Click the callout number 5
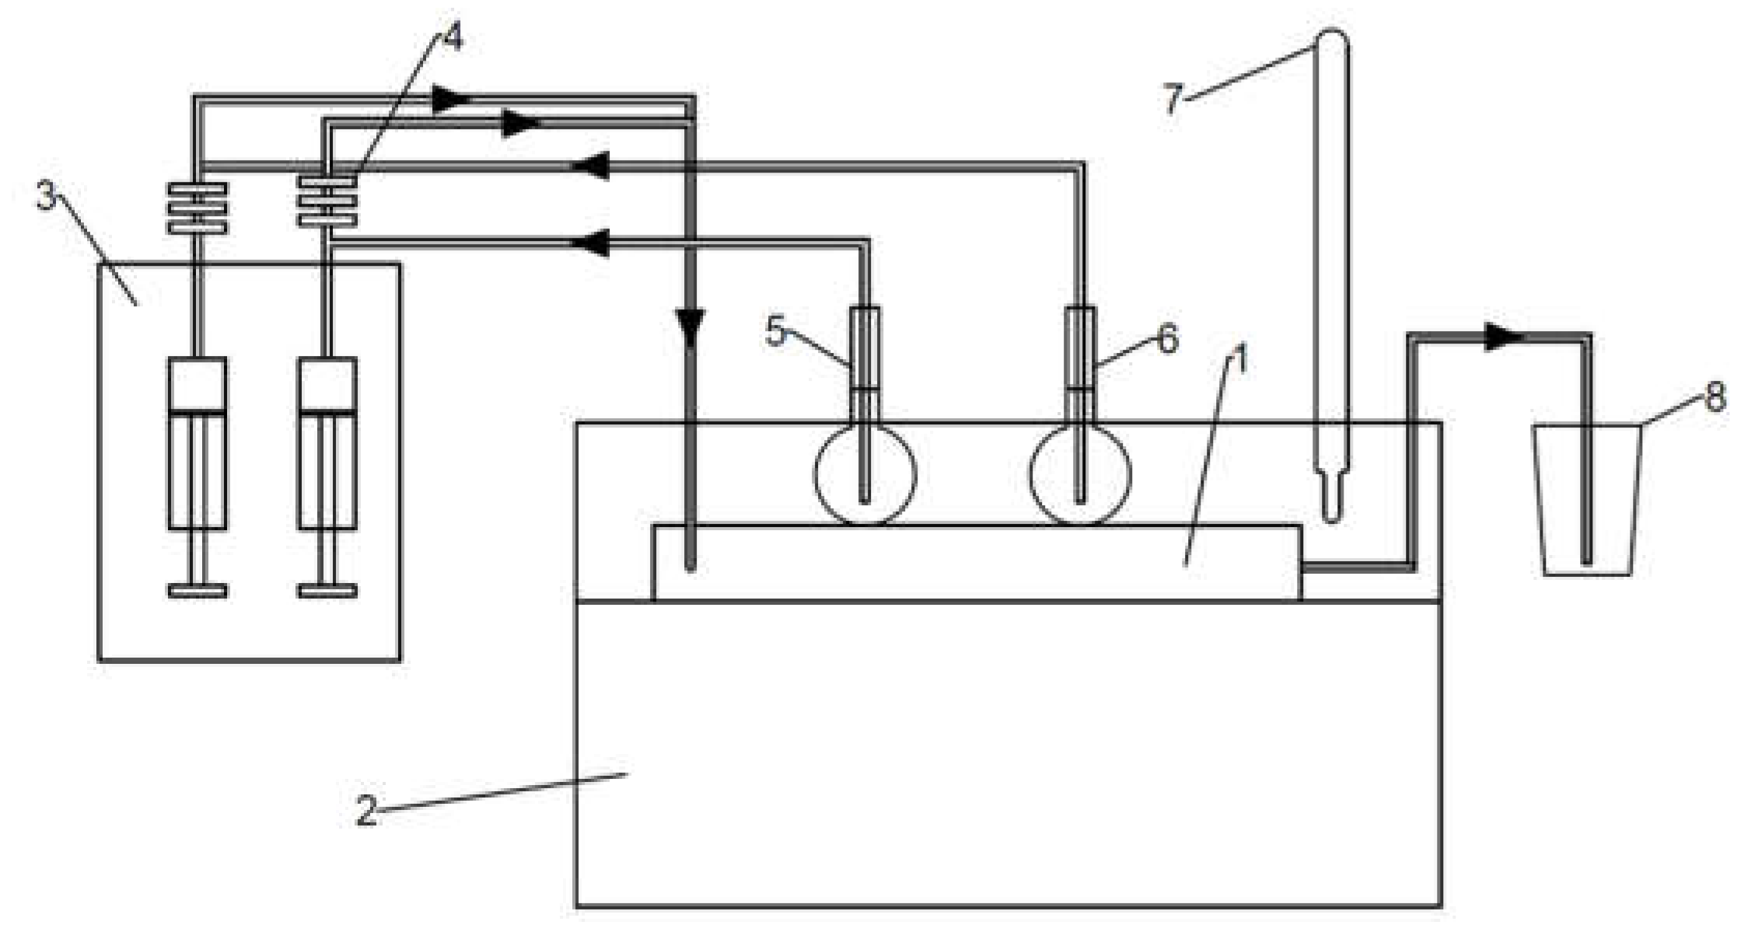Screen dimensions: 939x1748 coord(777,332)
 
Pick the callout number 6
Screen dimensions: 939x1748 coord(1168,339)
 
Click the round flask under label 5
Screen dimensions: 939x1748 coord(865,474)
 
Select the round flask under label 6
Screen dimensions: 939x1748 coord(1080,474)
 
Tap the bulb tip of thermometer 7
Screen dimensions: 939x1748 coord(1331,505)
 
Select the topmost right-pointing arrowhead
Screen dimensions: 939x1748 coord(452,99)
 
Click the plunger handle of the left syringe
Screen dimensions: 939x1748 coord(198,590)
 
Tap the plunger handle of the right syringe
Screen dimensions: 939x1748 coord(328,590)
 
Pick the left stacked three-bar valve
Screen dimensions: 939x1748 coord(198,208)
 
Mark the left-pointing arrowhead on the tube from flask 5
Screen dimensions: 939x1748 coord(589,243)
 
